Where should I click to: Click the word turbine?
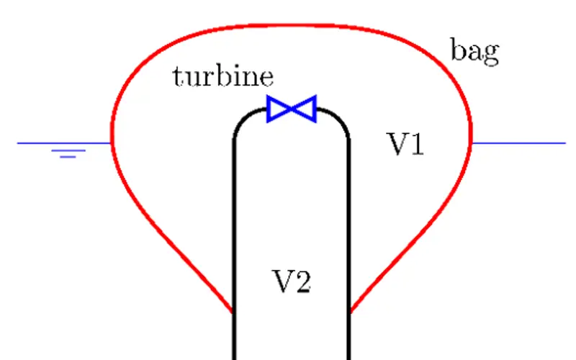tap(222, 76)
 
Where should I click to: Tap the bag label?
tap(474, 52)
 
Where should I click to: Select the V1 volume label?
tap(406, 145)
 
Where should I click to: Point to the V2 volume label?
tap(291, 281)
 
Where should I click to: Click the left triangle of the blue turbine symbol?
tap(279, 109)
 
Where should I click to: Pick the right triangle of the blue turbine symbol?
tap(304, 109)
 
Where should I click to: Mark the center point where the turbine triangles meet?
tap(292, 109)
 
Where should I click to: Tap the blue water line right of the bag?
tap(518, 143)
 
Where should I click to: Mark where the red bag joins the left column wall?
tap(233, 313)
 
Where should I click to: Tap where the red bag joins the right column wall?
tap(350, 313)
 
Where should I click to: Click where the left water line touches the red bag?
tap(111, 143)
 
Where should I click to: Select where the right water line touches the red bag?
tap(472, 143)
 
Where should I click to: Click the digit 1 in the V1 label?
tap(416, 145)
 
